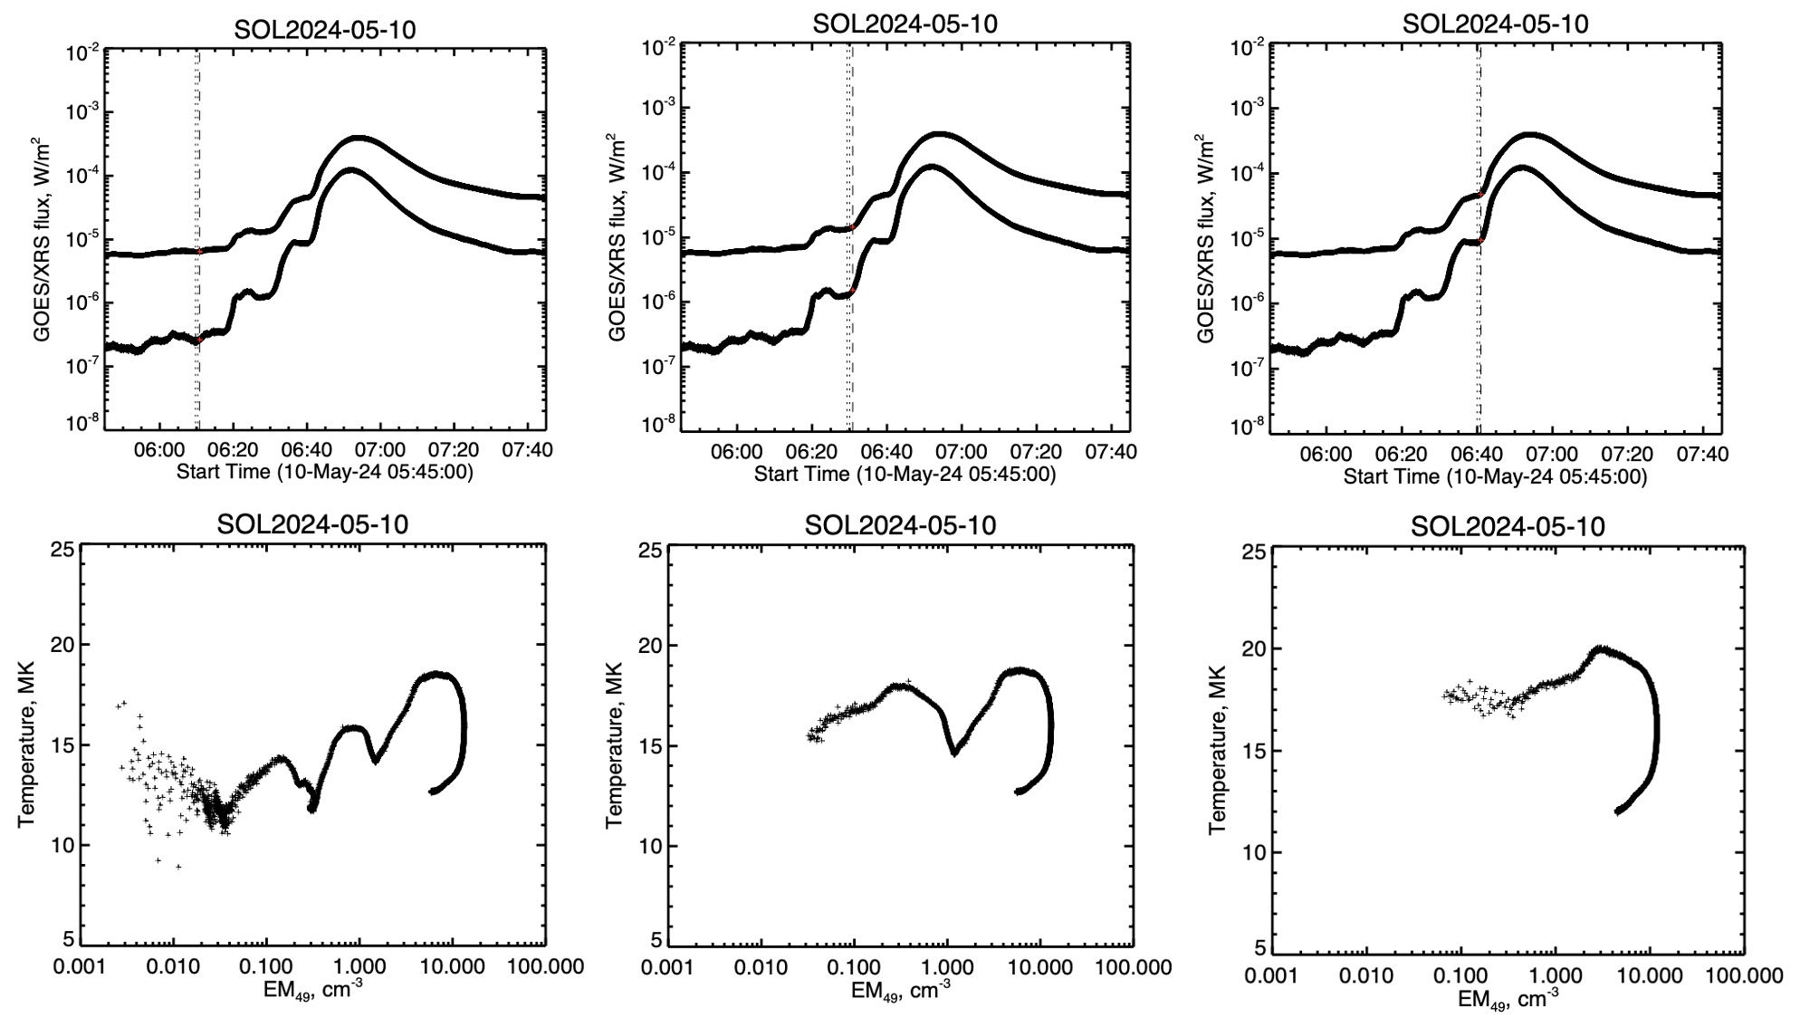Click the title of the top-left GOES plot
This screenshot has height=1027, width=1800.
[325, 29]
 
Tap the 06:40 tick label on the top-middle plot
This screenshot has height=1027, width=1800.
[886, 451]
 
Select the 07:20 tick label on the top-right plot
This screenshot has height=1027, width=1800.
[1627, 455]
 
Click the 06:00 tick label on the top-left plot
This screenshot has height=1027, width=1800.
[159, 450]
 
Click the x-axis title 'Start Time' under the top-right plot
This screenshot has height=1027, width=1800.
[1495, 476]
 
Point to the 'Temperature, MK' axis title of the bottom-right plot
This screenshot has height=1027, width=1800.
[1218, 749]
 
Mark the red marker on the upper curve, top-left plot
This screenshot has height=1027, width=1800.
[199, 252]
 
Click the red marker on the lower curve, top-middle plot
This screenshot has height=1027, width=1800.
[852, 292]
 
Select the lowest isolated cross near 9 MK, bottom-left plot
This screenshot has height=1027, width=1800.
[178, 867]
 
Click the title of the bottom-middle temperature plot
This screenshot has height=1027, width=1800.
[900, 525]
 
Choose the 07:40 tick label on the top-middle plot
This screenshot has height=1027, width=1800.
[1111, 451]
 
